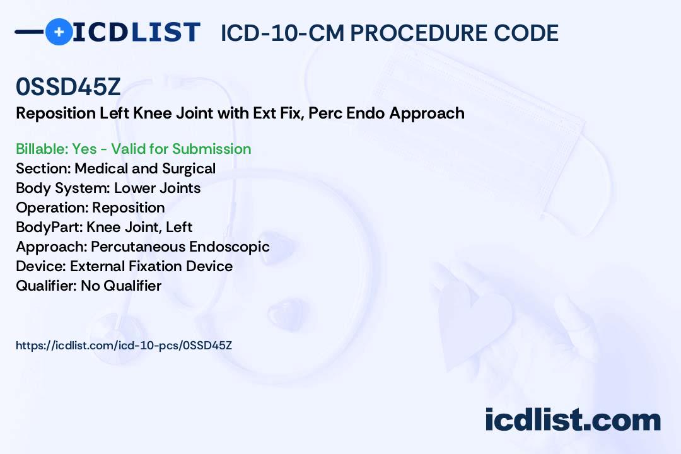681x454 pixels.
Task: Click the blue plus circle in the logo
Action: click(59, 32)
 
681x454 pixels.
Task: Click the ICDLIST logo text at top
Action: click(136, 32)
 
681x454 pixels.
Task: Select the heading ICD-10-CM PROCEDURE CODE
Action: click(389, 33)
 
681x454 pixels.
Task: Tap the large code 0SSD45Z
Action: click(68, 88)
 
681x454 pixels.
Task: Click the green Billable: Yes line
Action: click(134, 149)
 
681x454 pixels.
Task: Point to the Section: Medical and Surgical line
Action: click(115, 168)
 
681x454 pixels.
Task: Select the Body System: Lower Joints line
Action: click(108, 188)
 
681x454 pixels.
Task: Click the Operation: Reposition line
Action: click(90, 207)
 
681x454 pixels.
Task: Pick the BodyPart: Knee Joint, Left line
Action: click(104, 227)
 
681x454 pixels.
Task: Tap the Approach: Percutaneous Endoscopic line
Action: click(143, 247)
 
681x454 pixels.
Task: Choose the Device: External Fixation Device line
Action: click(124, 266)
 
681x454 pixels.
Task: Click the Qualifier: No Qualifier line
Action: click(88, 286)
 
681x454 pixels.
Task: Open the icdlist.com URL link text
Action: click(124, 346)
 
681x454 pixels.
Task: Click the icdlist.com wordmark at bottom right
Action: click(573, 420)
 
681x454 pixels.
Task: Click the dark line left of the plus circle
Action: click(29, 32)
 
